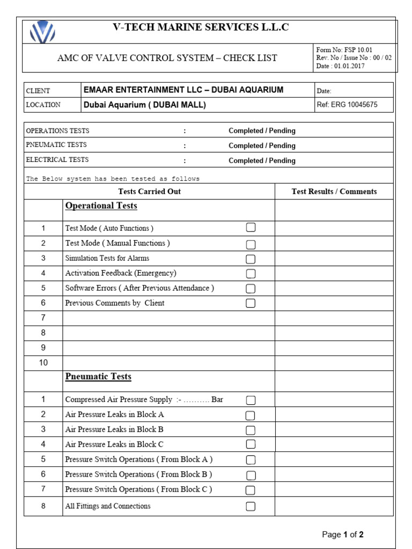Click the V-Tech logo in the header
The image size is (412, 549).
pos(42,31)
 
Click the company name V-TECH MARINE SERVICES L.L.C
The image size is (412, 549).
pos(201,28)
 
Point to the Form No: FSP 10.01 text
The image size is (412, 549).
pos(344,50)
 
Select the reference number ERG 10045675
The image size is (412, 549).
pos(347,105)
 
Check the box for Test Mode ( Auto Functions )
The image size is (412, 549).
pos(251,228)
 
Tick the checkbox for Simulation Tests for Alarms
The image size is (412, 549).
pos(251,258)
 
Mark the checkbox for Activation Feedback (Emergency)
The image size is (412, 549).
pos(251,273)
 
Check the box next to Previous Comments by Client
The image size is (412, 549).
pos(251,303)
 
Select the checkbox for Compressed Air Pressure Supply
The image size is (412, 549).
pos(251,400)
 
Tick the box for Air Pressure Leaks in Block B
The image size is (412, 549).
pos(251,430)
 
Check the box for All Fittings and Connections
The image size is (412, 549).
pos(251,506)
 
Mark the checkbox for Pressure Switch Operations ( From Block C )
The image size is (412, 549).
pos(251,489)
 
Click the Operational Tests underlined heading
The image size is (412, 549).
pos(101,206)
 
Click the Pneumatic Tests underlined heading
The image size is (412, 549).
pos(98,376)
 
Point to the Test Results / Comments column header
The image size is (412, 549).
pos(334,191)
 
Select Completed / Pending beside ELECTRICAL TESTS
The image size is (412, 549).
pos(262,160)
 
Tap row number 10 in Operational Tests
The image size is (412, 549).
pos(43,363)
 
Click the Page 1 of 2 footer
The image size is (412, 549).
pos(342,535)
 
